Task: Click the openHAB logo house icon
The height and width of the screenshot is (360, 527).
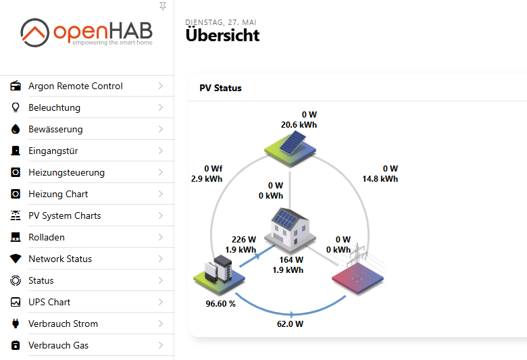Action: pyautogui.click(x=34, y=32)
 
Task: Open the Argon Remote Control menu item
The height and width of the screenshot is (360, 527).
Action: pyautogui.click(x=75, y=86)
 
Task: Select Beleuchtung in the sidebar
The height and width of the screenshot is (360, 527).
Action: pyautogui.click(x=55, y=107)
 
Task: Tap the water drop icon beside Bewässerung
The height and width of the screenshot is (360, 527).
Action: pyautogui.click(x=16, y=129)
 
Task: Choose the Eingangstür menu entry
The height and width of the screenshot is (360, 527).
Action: pyautogui.click(x=53, y=151)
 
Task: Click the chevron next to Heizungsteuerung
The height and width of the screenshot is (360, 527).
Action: pyautogui.click(x=161, y=172)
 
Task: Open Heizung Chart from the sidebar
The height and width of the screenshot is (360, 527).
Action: pyautogui.click(x=58, y=194)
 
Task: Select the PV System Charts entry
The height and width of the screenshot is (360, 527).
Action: pyautogui.click(x=65, y=215)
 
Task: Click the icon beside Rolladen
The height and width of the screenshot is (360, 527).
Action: pyautogui.click(x=16, y=237)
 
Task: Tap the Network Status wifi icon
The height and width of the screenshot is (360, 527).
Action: pyautogui.click(x=16, y=259)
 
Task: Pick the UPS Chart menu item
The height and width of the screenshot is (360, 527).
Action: pyautogui.click(x=49, y=302)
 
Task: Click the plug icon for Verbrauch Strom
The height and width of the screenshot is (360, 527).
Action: pyautogui.click(x=16, y=324)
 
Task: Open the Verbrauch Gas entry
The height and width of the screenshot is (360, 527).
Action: pyautogui.click(x=59, y=345)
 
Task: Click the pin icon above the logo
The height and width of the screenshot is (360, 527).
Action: pyautogui.click(x=163, y=6)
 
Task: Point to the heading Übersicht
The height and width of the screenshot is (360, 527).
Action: pyautogui.click(x=222, y=36)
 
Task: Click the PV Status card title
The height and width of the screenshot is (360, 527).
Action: pyautogui.click(x=220, y=88)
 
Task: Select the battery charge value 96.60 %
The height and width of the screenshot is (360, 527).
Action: pyautogui.click(x=220, y=304)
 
